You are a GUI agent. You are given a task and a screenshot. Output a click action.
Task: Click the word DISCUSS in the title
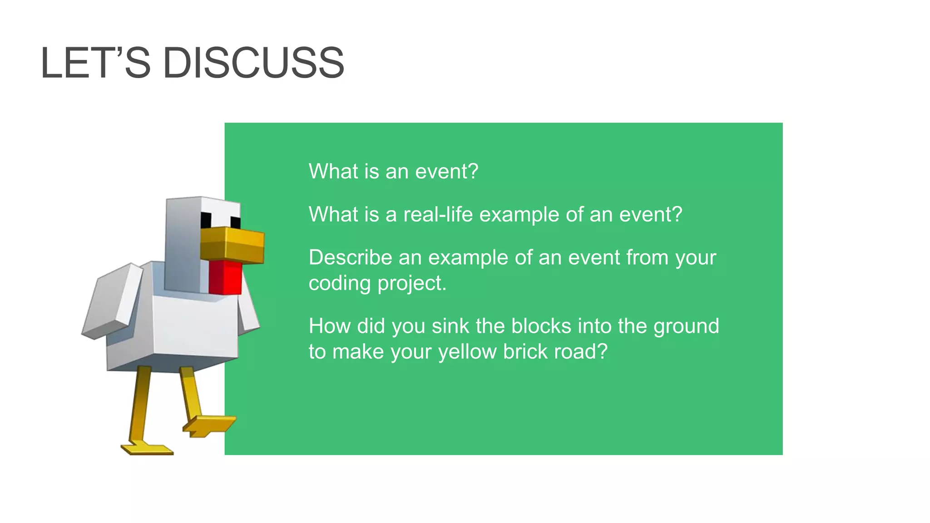[253, 63]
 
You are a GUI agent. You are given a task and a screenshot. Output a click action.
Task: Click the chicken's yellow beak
[232, 245]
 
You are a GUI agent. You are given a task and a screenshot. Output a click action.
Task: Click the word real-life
[438, 215]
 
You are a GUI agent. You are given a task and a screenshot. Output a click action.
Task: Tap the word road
[578, 351]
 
